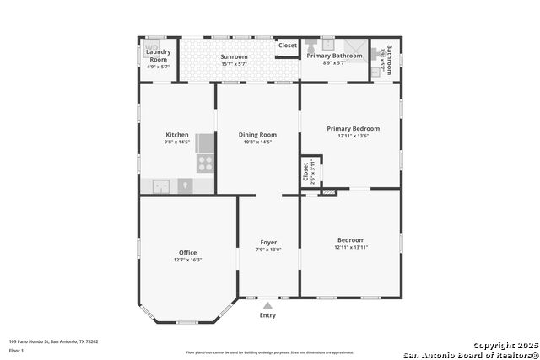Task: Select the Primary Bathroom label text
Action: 334,56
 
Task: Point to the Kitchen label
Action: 176,135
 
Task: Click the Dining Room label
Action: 257,135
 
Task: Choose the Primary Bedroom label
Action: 353,128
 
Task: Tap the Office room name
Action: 187,252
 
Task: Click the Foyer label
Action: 268,242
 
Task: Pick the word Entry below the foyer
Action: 267,315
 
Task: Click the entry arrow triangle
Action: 267,305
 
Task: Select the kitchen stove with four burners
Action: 204,164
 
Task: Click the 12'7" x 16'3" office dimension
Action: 187,260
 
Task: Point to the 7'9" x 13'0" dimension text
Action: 268,250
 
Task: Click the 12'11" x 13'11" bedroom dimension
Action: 351,247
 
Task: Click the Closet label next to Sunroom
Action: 288,46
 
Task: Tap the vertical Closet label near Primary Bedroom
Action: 305,171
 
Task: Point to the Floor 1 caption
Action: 16,350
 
